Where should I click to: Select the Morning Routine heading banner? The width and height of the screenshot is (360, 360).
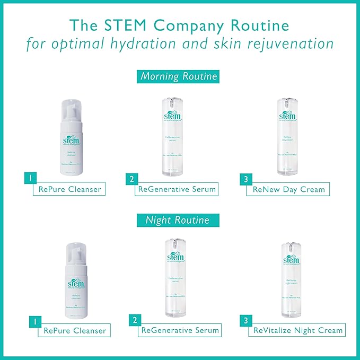coord(179,76)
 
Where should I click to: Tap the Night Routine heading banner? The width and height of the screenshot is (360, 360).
coord(178,219)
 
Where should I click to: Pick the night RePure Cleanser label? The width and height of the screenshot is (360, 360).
coord(75,331)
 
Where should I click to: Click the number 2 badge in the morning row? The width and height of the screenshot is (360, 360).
coord(131,179)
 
